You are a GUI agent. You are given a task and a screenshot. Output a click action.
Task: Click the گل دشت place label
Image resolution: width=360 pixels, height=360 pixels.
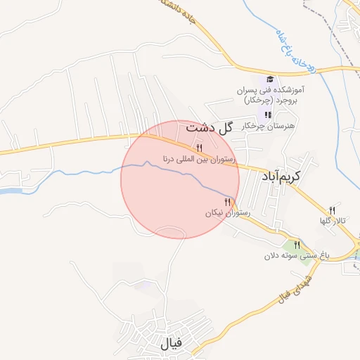click(x=209, y=128)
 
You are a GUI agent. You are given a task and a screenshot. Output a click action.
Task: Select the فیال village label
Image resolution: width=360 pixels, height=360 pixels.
click(x=171, y=344)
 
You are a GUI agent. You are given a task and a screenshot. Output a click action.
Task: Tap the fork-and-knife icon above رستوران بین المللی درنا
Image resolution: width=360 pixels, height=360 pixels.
click(x=200, y=148)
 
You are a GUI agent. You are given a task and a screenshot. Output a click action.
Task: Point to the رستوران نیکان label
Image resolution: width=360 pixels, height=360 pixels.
click(x=224, y=212)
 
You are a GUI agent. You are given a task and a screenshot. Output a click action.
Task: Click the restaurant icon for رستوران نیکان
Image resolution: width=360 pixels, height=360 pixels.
click(x=226, y=202)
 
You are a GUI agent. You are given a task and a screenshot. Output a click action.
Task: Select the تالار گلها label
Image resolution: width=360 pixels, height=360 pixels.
click(x=331, y=221)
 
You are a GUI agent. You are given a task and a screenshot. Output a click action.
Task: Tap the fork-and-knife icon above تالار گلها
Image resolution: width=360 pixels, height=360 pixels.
click(x=333, y=210)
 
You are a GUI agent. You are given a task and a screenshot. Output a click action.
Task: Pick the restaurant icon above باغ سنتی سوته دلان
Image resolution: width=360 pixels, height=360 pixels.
click(x=297, y=245)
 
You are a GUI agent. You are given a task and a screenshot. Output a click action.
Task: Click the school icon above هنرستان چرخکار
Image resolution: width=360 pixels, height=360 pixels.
click(x=267, y=115)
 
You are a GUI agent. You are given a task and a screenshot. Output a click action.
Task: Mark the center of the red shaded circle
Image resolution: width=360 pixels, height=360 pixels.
click(x=180, y=179)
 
